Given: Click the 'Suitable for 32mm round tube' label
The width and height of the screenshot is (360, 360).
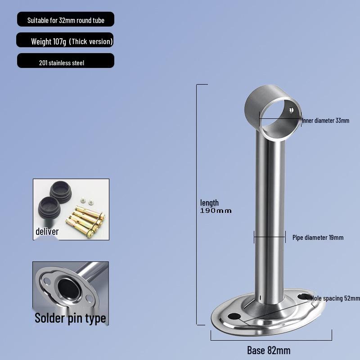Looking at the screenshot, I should click(66, 20).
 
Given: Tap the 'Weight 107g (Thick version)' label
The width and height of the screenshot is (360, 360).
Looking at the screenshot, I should click(71, 41).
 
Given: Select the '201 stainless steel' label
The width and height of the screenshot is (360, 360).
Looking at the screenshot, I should click(62, 63).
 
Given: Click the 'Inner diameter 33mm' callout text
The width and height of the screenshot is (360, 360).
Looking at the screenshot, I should click(325, 121).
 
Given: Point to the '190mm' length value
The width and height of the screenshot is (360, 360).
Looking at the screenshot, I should click(216, 211).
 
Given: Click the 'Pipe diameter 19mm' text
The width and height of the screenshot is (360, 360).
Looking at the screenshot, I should click(318, 237).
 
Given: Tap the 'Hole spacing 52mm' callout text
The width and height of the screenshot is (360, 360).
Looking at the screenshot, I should click(335, 298).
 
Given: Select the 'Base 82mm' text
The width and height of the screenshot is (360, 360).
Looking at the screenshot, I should click(269, 350).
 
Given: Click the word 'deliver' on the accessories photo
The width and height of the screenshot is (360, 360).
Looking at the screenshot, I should click(47, 232).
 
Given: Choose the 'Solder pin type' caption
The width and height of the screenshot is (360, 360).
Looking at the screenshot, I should click(71, 318).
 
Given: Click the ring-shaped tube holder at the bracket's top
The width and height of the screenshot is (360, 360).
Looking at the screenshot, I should click(273, 110).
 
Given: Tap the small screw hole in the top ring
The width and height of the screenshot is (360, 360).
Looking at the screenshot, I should click(291, 109).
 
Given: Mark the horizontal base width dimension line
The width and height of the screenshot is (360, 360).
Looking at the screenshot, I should click(271, 335).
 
